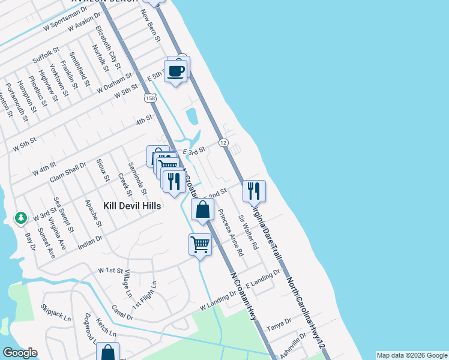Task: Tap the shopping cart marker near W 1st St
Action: (200, 244)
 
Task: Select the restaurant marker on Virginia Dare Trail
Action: (254, 191)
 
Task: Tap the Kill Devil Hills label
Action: (132, 205)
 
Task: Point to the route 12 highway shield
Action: (223, 142)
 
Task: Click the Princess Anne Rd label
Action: (231, 233)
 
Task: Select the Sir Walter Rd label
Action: (248, 232)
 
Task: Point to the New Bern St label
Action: (151, 25)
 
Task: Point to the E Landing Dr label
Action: (262, 278)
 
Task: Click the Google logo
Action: (20, 353)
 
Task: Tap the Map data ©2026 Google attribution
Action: (412, 355)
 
